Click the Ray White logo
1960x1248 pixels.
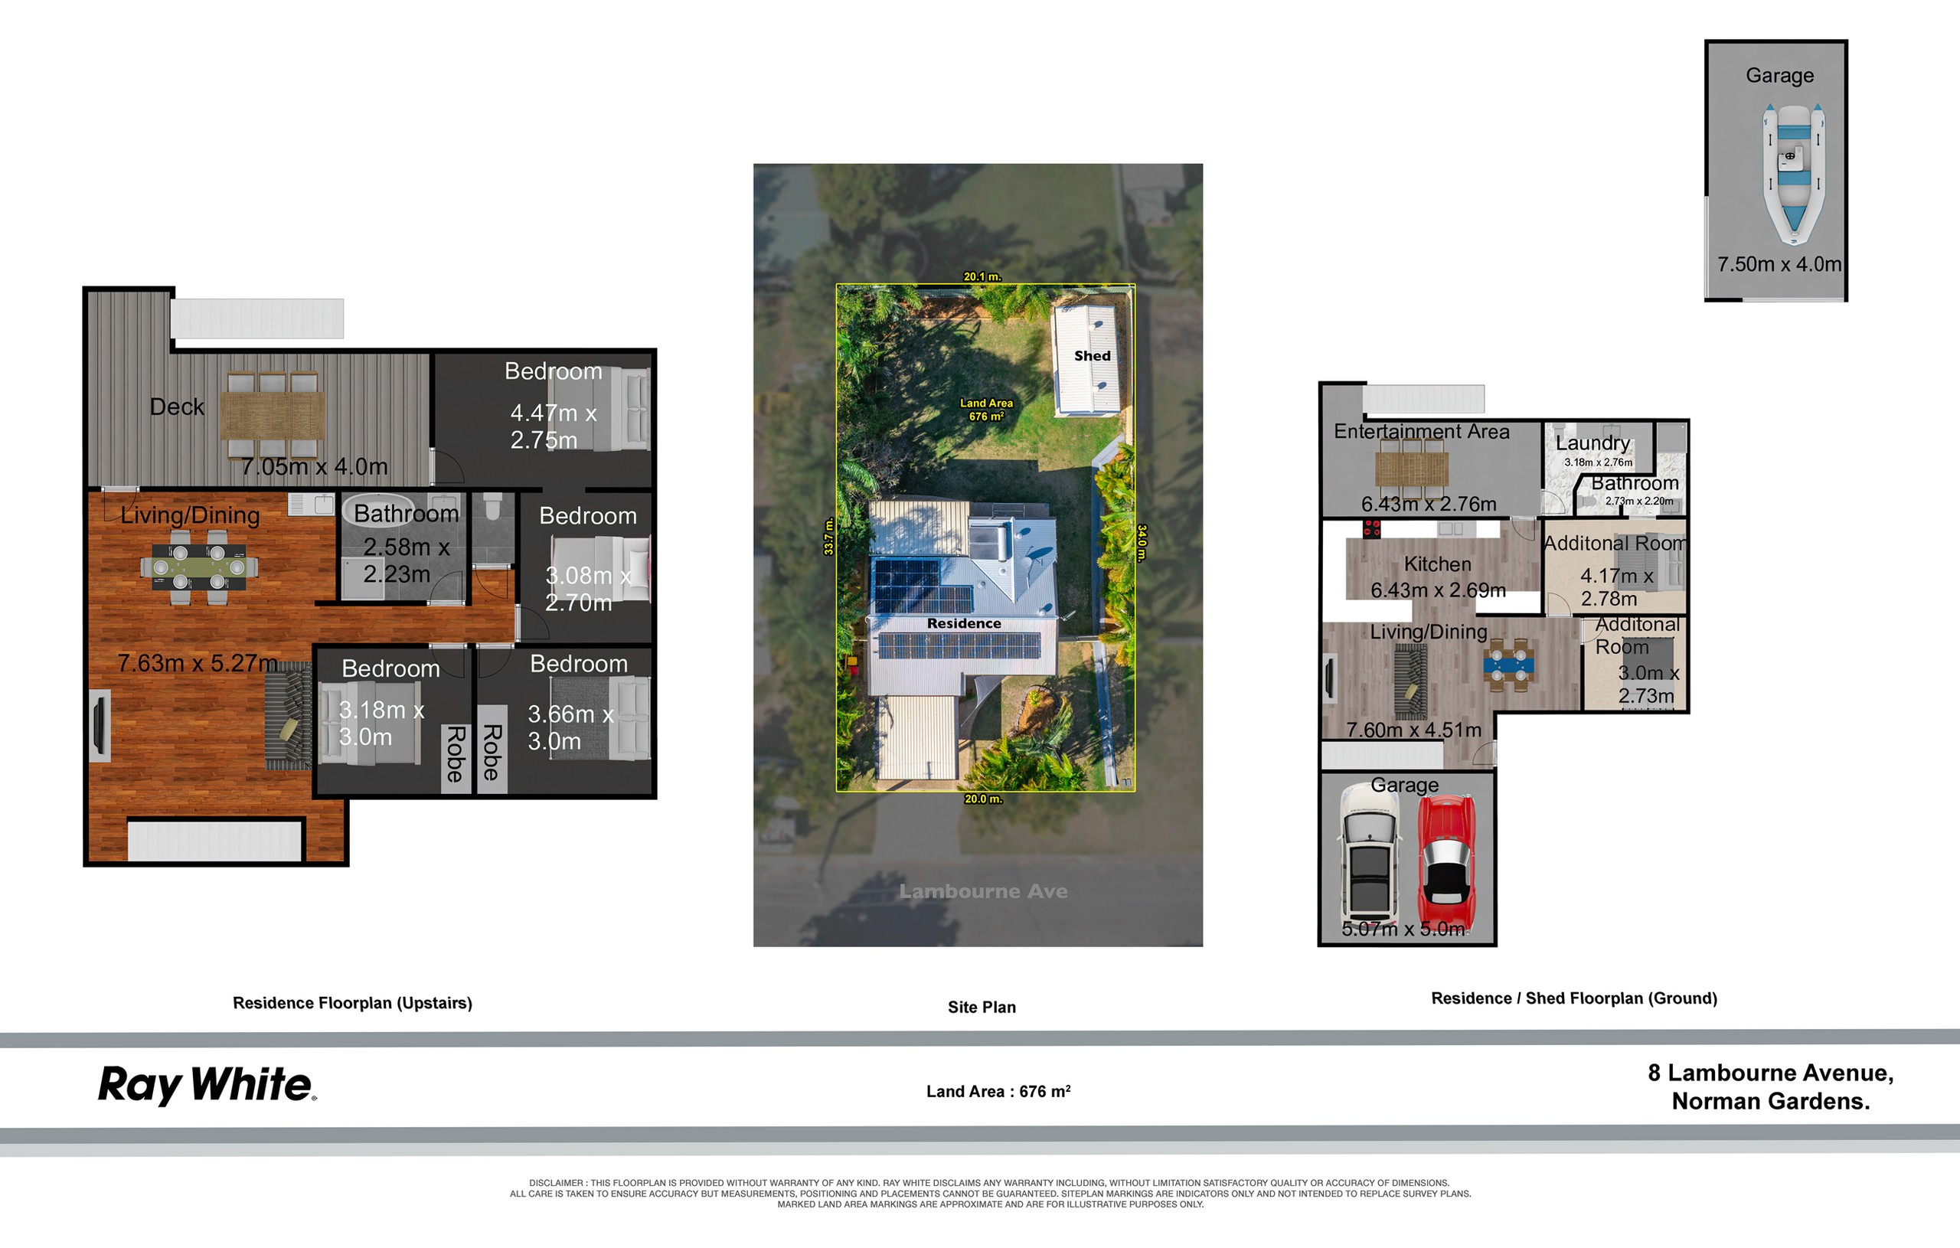pos(207,1085)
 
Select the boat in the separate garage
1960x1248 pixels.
pos(1793,173)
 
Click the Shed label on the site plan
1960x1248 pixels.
pos(1092,356)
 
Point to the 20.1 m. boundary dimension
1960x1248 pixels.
pos(982,277)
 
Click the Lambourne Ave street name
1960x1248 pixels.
pos(982,891)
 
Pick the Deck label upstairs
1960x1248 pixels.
pos(177,407)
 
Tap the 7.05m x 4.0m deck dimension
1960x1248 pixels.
pos(314,466)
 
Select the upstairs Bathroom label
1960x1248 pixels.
pos(406,514)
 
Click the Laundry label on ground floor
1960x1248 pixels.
pos(1592,443)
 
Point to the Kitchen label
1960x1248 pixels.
pos(1437,564)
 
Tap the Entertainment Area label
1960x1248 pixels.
pos(1421,432)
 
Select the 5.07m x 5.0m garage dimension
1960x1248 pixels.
pos(1403,929)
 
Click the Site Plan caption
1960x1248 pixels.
pos(982,1007)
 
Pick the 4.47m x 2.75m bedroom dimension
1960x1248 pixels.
pos(554,426)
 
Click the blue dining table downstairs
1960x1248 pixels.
pos(1508,665)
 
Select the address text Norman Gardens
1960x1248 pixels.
pos(1770,1102)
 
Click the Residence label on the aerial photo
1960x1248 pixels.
pos(964,623)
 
